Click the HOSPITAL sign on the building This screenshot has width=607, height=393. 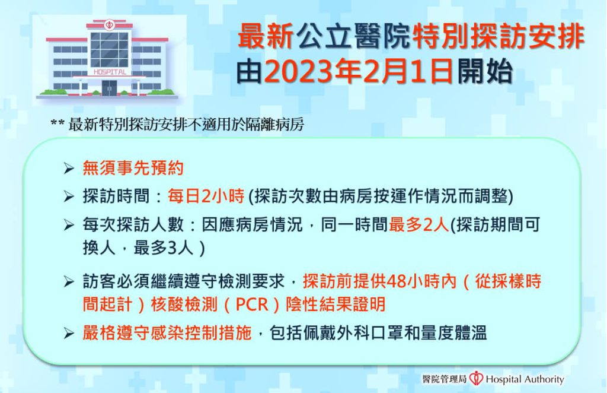tap(110, 72)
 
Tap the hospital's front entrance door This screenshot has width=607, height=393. tap(110, 88)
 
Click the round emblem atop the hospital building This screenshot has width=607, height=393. tap(109, 25)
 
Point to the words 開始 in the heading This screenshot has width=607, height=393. tap(485, 72)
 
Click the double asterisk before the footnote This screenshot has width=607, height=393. tap(57, 123)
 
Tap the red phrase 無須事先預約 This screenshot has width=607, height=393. tap(133, 168)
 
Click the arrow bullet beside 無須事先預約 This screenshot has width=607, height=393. tap(69, 169)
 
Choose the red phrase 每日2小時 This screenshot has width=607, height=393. tap(206, 196)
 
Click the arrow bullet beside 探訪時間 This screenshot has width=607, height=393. tap(69, 196)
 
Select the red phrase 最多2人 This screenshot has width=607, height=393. tap(419, 225)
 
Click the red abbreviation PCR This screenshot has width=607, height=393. tap(251, 304)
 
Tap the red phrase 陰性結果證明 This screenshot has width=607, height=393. tap(336, 304)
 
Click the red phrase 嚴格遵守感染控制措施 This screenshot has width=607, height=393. tap(167, 333)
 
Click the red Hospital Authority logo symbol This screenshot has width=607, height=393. tap(476, 378)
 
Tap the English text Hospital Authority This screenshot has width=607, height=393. tap(525, 379)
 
